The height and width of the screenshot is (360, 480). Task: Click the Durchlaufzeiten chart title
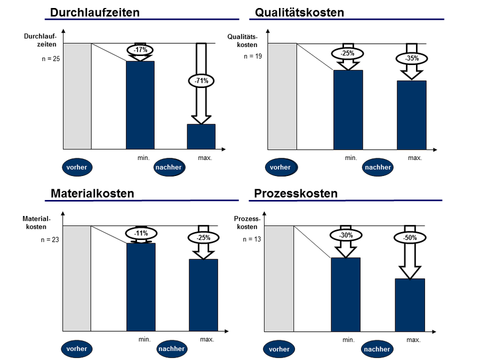(95, 12)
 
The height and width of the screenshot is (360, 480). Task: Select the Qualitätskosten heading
(299, 12)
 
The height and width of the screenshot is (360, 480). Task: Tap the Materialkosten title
(92, 193)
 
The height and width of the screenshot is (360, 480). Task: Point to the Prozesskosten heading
(296, 193)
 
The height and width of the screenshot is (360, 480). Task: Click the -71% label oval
(201, 81)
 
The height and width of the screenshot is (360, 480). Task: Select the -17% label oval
(140, 50)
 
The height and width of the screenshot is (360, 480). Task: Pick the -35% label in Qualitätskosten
(411, 58)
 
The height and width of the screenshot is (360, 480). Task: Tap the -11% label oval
(141, 233)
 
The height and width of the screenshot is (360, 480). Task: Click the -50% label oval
(410, 238)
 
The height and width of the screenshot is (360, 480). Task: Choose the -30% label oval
(346, 235)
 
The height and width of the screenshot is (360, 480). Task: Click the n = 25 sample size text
(51, 58)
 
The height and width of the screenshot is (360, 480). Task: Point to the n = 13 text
(252, 239)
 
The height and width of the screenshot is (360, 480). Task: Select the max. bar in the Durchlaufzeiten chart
(201, 137)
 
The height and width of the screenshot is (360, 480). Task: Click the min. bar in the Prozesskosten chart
(346, 294)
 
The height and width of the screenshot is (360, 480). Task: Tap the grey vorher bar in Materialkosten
(77, 278)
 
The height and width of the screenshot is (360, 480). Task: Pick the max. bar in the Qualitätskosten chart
(411, 115)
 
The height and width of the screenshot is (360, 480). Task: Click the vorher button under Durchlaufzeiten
(76, 167)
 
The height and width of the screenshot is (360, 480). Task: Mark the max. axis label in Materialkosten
(207, 339)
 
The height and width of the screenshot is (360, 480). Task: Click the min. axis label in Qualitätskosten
(350, 158)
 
